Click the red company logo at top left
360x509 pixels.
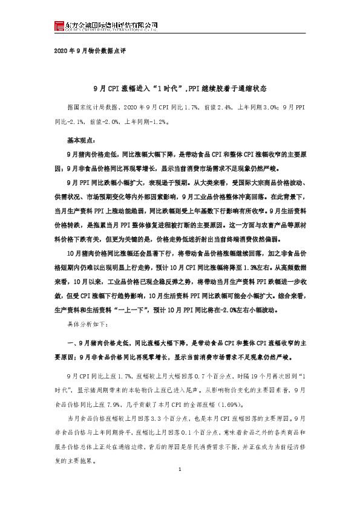pyautogui.click(x=59, y=25)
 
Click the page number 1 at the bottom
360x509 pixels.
pyautogui.click(x=180, y=487)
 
